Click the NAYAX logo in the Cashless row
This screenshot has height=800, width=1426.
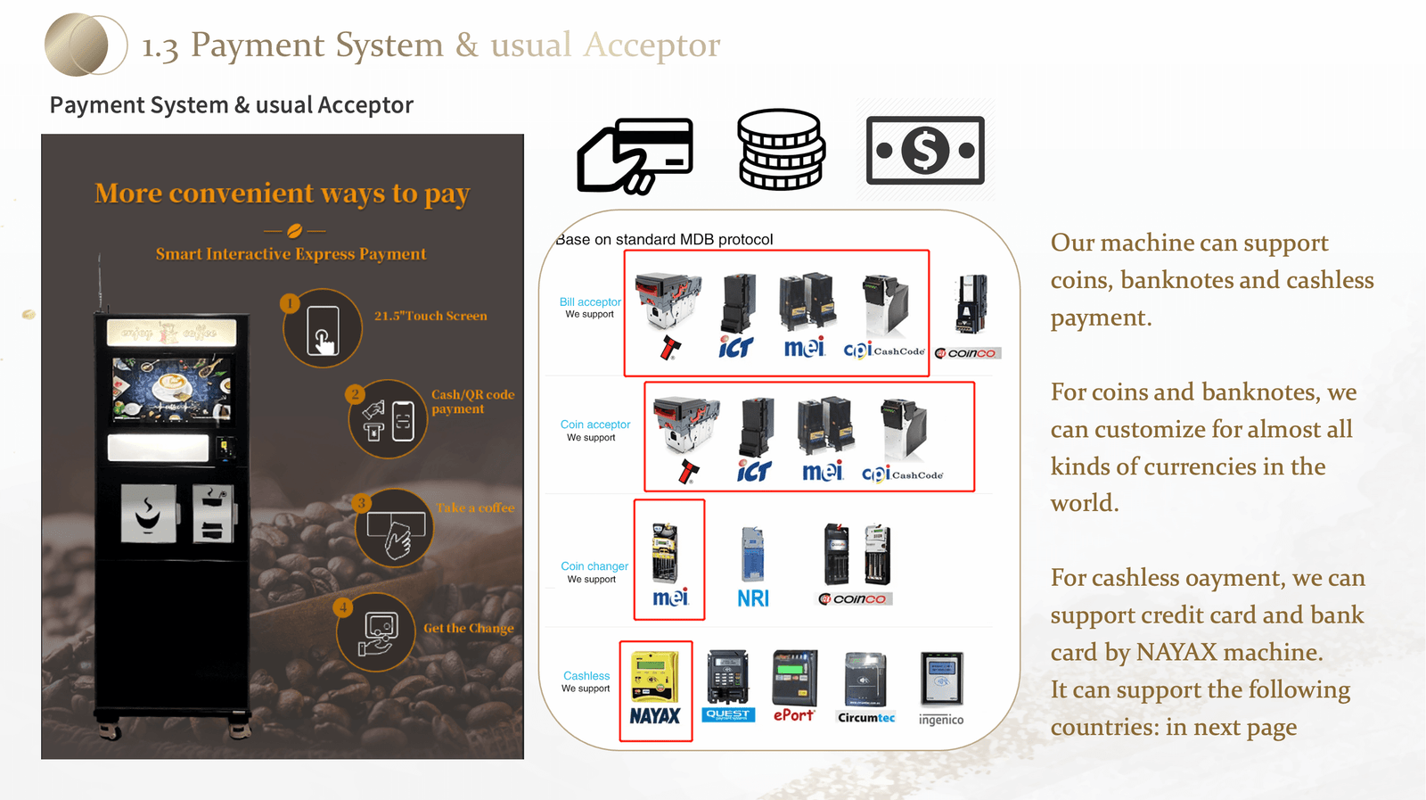655,715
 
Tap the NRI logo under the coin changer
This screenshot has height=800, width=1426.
753,598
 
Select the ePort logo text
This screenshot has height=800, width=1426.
793,714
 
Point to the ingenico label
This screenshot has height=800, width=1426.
941,720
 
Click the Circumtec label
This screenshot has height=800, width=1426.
866,717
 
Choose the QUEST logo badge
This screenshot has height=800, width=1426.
728,714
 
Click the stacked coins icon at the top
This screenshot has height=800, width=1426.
781,149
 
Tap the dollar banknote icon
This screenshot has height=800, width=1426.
925,150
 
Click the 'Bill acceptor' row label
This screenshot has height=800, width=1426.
590,302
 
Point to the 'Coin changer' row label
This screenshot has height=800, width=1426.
594,566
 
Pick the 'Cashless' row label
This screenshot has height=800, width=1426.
586,676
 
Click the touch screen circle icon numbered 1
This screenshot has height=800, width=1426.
323,329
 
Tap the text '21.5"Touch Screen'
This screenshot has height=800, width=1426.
430,316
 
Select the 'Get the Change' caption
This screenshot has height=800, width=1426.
469,628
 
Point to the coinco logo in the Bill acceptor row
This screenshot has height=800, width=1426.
969,353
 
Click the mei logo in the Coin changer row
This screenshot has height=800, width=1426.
670,598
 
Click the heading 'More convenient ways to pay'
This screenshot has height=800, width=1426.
282,194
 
